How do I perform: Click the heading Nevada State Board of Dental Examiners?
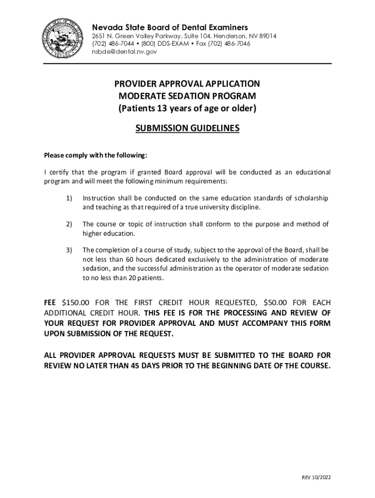click(x=170, y=27)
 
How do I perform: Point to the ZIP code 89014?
click(x=267, y=36)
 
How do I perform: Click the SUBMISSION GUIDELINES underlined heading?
click(x=187, y=128)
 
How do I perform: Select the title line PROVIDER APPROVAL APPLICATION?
click(x=187, y=84)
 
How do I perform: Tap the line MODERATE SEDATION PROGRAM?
click(x=187, y=96)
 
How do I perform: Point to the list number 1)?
click(x=69, y=198)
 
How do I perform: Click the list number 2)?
click(x=69, y=224)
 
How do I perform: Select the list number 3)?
click(x=69, y=250)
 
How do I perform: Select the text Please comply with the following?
click(x=95, y=156)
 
